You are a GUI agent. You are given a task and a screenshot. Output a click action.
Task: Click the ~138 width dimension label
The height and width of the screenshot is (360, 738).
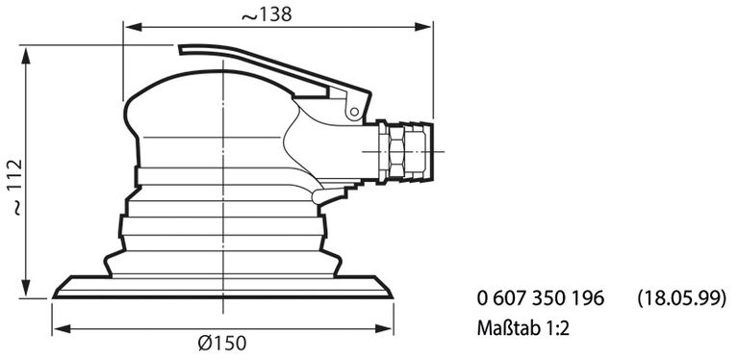[268, 14]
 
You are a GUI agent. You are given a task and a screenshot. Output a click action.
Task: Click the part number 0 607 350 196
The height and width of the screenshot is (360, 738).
[540, 298]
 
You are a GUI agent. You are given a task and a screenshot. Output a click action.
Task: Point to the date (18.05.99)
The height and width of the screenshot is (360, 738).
[680, 298]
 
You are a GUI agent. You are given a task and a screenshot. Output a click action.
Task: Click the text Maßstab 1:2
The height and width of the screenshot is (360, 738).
[524, 327]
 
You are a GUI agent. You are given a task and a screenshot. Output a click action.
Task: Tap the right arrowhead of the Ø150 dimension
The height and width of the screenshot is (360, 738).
[391, 329]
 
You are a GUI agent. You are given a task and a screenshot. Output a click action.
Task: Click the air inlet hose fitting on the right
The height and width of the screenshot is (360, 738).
[419, 150]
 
